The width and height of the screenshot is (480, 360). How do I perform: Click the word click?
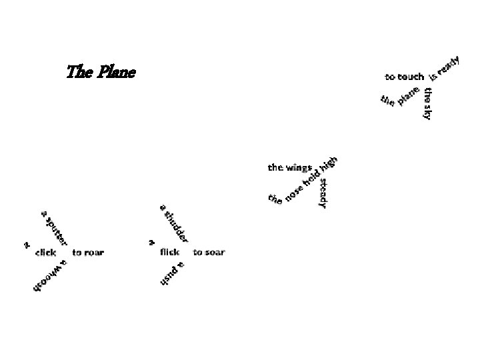45,253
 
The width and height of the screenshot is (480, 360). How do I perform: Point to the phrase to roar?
88,253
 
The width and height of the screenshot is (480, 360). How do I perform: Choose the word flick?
170,252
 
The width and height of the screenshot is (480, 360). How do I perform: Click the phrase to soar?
209,252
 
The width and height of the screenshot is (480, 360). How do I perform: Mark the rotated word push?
169,276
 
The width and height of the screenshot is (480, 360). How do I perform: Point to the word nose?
294,192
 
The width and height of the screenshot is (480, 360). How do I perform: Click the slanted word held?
311,179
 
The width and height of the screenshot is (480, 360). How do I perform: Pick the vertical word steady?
323,193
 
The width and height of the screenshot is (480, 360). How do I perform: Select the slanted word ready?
449,65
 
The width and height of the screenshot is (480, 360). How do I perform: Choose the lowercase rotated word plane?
409,96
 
